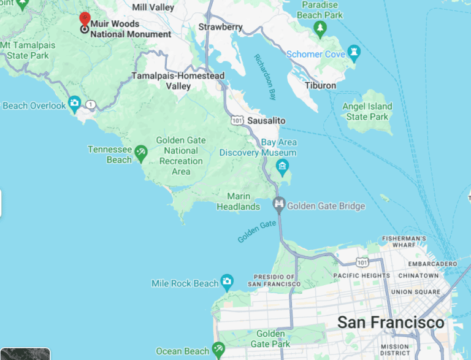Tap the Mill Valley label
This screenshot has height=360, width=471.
(153, 7)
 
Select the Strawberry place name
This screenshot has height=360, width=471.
(220, 28)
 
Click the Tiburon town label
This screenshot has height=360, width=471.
(321, 85)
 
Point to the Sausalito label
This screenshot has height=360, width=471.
(266, 121)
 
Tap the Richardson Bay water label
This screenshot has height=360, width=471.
(265, 77)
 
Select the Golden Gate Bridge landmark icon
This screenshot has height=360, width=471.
(279, 205)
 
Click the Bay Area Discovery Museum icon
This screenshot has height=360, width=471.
(282, 166)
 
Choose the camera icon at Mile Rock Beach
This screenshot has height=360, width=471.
(227, 283)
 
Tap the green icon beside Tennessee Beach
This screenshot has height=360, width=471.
(141, 151)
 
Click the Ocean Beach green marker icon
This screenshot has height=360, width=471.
(218, 350)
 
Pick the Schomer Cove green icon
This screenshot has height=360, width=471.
(353, 54)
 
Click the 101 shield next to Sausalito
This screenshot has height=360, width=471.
(237, 121)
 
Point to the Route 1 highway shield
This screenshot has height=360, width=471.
(91, 105)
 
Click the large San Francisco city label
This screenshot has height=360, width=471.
(391, 323)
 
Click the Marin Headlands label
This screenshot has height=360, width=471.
(239, 201)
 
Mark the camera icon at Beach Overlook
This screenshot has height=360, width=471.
(75, 103)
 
